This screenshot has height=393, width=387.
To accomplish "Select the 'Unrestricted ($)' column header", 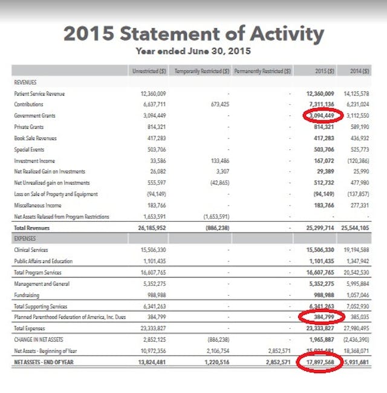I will pos(149,71).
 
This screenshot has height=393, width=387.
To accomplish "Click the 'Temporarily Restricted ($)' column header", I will pos(201,71).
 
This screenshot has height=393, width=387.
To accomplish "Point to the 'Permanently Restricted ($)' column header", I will pos(262,71).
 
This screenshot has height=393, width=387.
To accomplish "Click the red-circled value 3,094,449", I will pos(320,115).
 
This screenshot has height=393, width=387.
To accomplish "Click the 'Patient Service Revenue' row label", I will pos(39,93).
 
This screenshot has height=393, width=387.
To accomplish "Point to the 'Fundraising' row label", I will pos(27,294).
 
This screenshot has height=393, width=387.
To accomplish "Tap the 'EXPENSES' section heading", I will pos(25,239).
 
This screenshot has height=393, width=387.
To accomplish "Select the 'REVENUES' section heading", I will pos(25,82).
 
